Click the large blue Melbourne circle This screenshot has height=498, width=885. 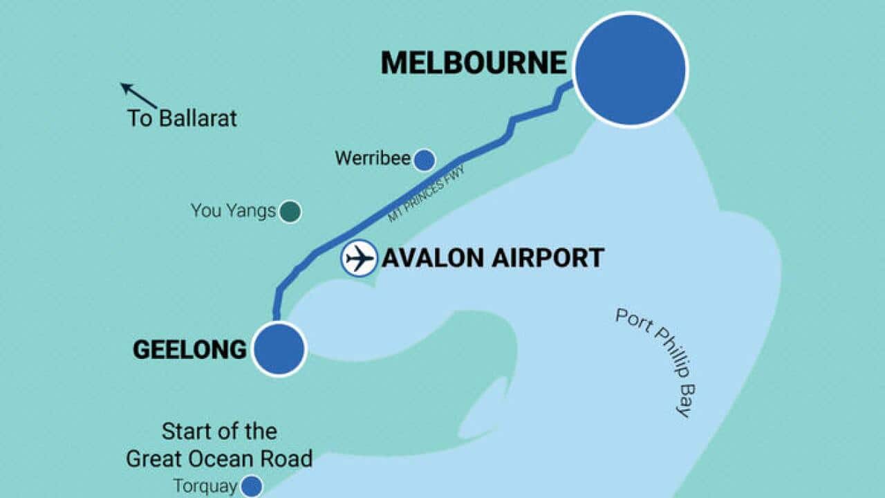coord(631,69)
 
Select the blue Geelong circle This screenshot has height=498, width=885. coord(279,349)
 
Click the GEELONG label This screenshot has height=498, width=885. coord(189,350)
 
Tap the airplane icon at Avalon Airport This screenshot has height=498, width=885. coord(360,259)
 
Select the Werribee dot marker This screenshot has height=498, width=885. coord(424,160)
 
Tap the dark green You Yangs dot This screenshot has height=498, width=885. coord(290,212)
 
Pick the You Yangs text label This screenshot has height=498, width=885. coord(233,211)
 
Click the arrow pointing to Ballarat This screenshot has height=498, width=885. coord(138,95)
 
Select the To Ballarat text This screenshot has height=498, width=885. coord(181,118)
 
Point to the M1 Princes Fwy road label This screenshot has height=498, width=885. coord(426,194)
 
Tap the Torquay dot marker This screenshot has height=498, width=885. coord(252,486)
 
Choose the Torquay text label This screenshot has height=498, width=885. coord(205,486)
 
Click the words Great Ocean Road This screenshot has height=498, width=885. coord(219,458)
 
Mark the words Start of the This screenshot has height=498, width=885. coord(219,432)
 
